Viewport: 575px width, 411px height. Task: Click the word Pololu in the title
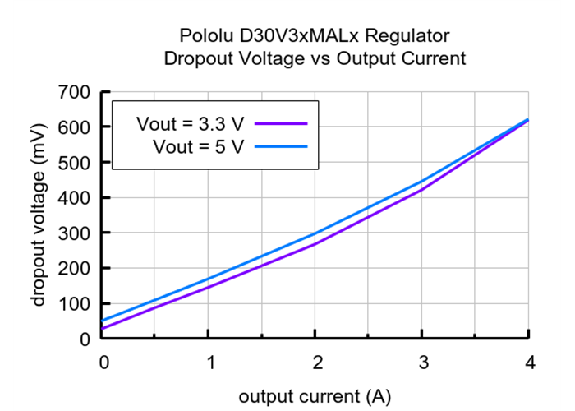205,36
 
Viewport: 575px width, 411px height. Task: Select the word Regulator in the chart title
411,36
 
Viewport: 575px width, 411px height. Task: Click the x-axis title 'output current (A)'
315,396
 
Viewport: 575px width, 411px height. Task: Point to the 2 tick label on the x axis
315,363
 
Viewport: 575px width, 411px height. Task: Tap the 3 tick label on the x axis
422,363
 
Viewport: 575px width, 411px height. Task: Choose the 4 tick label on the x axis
529,363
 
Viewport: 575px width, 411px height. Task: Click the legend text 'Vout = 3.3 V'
190,124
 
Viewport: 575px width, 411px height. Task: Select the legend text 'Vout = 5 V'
198,146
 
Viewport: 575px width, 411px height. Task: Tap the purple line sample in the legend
281,123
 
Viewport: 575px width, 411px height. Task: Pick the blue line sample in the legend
281,146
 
